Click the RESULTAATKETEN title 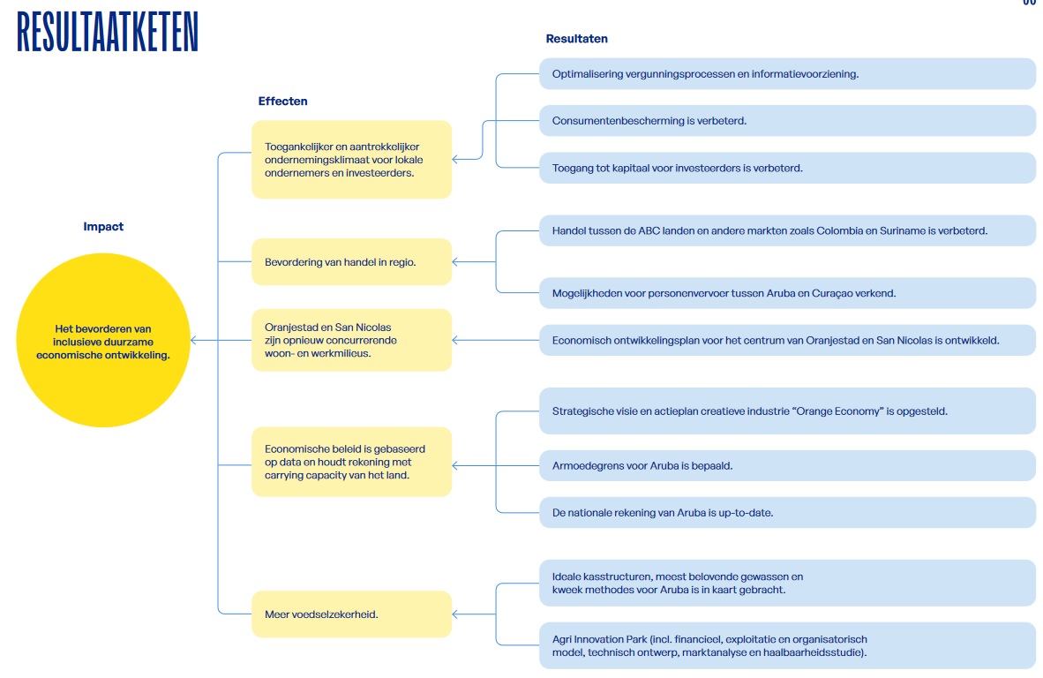pos(107,32)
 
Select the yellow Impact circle pos(103,340)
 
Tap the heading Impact pos(103,226)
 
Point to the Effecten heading pos(282,102)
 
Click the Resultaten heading pos(577,39)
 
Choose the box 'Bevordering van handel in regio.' pos(351,262)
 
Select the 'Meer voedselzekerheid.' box pos(351,614)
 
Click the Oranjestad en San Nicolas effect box pos(351,340)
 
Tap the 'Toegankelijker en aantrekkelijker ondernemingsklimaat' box pos(351,160)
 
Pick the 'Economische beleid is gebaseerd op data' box pos(351,462)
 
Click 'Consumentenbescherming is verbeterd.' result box pos(788,120)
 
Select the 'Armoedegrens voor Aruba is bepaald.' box pos(788,466)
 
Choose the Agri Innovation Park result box pos(788,645)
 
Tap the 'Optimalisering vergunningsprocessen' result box pos(788,74)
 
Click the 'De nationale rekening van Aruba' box pos(788,512)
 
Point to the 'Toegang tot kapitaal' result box pos(788,168)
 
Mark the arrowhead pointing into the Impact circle pos(193,340)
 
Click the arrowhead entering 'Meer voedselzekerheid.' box pos(455,614)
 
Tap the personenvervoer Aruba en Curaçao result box pos(788,293)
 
